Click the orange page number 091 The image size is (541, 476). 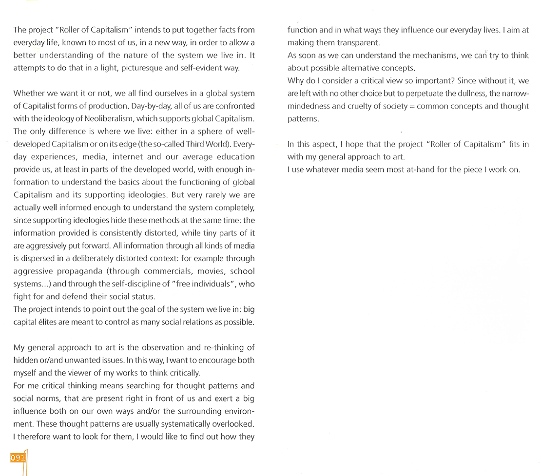(x=18, y=458)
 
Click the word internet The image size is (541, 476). (x=129, y=156)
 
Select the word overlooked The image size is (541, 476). (x=227, y=424)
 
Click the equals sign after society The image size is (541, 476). (x=411, y=106)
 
